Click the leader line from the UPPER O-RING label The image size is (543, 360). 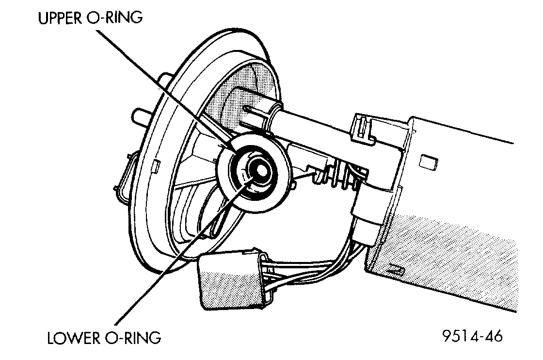point(160,85)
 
